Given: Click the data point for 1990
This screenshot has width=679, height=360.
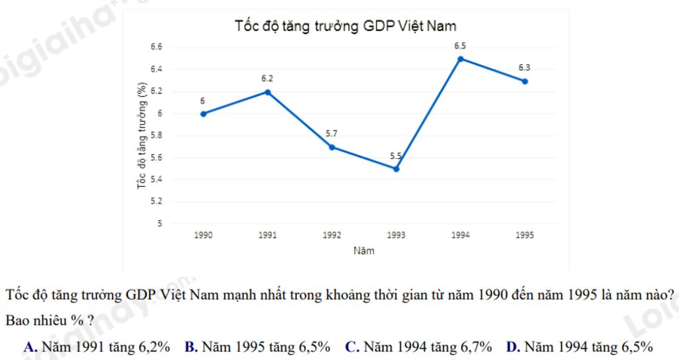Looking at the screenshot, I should tap(203, 113).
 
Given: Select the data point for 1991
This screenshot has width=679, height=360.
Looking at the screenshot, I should tap(268, 91).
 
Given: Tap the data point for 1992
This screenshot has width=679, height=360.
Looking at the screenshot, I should tap(332, 147).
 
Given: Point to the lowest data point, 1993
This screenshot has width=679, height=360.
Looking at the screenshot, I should tap(396, 168).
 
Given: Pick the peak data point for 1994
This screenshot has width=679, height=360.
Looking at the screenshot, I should tap(460, 58).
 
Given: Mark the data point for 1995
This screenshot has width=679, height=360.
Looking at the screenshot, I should tap(525, 81).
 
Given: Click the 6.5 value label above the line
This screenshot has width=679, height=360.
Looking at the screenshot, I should tap(460, 46).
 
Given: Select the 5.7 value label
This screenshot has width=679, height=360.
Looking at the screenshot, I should tap(332, 134).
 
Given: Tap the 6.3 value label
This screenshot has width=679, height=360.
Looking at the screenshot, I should tap(525, 68).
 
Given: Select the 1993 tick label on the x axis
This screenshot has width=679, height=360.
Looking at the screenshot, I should tap(396, 235).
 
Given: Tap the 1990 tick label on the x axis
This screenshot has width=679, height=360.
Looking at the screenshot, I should tap(203, 235).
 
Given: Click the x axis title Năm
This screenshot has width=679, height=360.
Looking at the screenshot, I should tap(363, 251).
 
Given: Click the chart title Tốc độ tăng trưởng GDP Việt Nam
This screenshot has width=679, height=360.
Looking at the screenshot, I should tap(345, 26).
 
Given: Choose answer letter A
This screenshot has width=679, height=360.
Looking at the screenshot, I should tap(29, 347).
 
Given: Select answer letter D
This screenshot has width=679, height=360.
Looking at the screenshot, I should tap(512, 347).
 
